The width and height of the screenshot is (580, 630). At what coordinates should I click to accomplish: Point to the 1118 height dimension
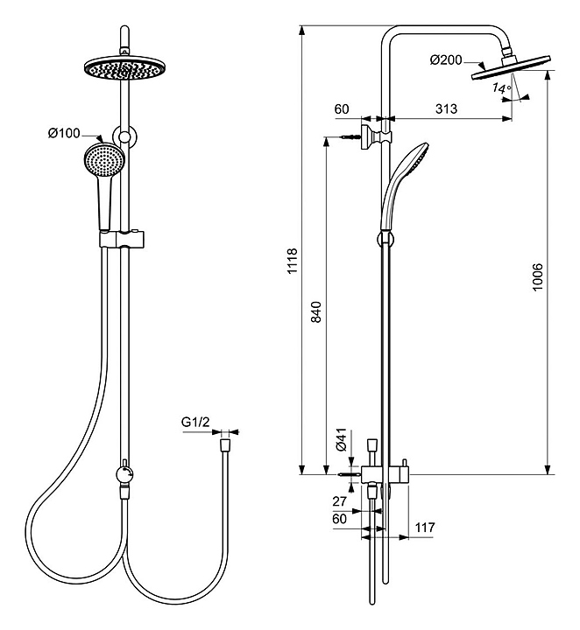293,262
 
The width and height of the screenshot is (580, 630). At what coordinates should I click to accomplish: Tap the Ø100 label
64,133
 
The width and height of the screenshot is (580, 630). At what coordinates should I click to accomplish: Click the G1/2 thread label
195,423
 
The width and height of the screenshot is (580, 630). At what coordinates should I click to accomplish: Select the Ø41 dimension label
342,442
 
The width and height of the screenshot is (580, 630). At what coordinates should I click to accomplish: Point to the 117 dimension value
424,527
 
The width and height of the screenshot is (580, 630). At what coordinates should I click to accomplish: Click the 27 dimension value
340,503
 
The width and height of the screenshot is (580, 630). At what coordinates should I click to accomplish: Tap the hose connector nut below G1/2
225,444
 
